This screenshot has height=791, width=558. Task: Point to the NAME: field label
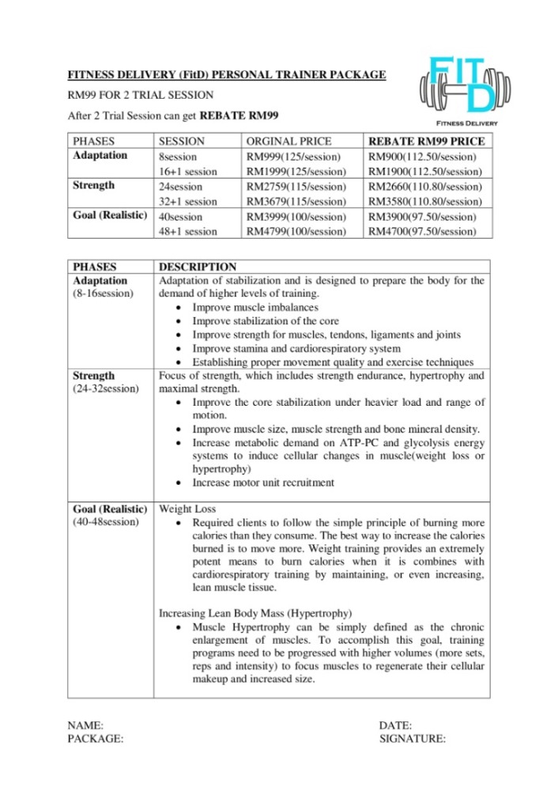pos(86,725)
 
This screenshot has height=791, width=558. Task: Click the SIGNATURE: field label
pos(413,740)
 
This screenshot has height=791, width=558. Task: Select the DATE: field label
pos(396,725)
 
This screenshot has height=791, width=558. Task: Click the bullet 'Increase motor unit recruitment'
pos(263,483)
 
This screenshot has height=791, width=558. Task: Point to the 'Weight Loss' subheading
pos(187,509)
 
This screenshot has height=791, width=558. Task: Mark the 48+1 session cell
pos(188,231)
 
